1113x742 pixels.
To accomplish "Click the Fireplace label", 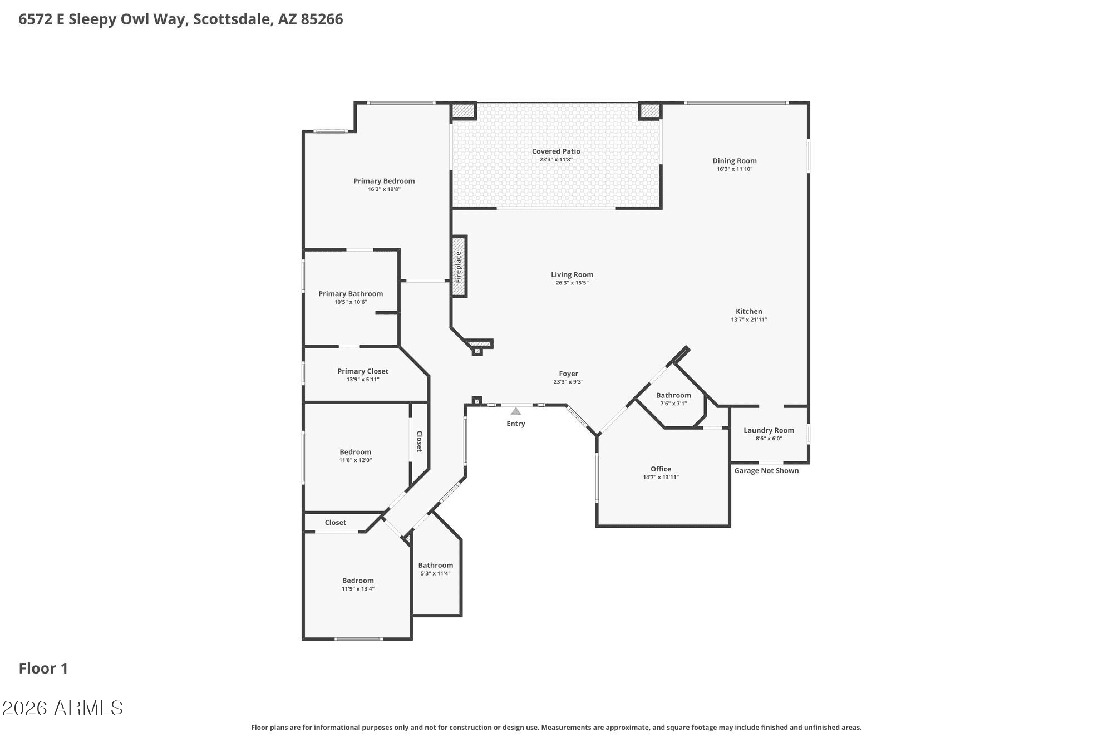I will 459,267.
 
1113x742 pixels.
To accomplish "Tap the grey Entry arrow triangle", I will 516,411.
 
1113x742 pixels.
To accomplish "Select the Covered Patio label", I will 556,151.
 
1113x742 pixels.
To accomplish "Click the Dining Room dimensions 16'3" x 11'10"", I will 735,169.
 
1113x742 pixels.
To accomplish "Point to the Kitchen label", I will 748,312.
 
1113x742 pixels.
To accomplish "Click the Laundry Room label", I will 769,430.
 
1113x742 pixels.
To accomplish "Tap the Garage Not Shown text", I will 766,471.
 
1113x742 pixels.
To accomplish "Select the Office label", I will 661,469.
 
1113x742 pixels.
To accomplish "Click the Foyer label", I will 568,374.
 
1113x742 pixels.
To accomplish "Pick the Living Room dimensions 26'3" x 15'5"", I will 572,283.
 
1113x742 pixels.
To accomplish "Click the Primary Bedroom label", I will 384,181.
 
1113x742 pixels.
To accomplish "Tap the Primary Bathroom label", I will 351,294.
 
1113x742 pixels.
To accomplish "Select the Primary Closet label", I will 363,371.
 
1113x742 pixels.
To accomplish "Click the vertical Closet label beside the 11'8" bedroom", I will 420,441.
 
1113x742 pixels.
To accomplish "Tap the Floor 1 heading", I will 43,669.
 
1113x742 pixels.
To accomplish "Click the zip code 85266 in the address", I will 322,19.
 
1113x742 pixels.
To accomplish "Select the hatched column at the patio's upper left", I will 462,110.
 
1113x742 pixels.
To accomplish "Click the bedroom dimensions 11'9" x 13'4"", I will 358,589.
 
